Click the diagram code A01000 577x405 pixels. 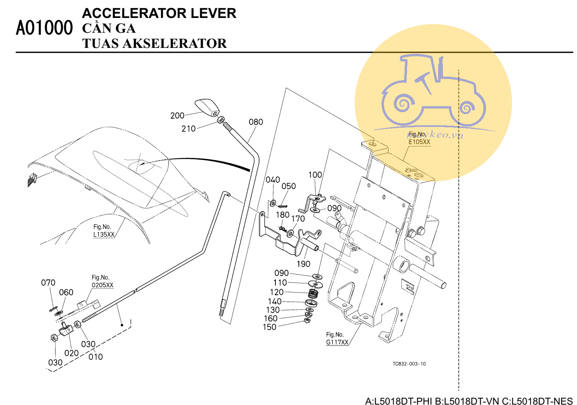tap(44, 28)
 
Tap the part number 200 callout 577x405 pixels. tap(177, 116)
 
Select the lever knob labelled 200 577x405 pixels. tap(207, 107)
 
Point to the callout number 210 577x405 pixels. tap(188, 129)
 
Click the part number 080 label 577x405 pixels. tap(256, 122)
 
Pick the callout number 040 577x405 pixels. tap(273, 180)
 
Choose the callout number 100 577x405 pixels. tap(315, 175)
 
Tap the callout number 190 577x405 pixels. tap(303, 264)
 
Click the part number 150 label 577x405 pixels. tap(269, 327)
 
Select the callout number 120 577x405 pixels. tap(277, 292)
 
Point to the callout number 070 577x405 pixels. tap(48, 283)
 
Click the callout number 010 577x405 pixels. tap(96, 357)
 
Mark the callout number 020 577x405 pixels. tap(71, 353)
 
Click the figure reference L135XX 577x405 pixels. tap(104, 235)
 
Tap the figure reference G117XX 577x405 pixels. tap(337, 342)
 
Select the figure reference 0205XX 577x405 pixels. tap(103, 285)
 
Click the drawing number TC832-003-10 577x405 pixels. tap(409, 364)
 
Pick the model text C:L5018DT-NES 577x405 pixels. tap(537, 401)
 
